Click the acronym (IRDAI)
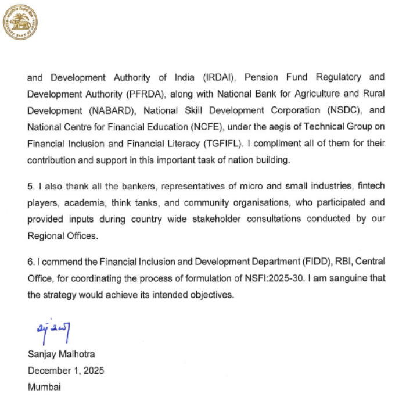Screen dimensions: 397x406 click(x=220, y=77)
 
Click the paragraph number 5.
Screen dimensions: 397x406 click(x=31, y=185)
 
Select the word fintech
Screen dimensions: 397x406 click(x=369, y=185)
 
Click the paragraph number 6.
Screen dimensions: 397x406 click(x=31, y=262)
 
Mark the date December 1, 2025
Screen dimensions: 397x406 click(x=66, y=370)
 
